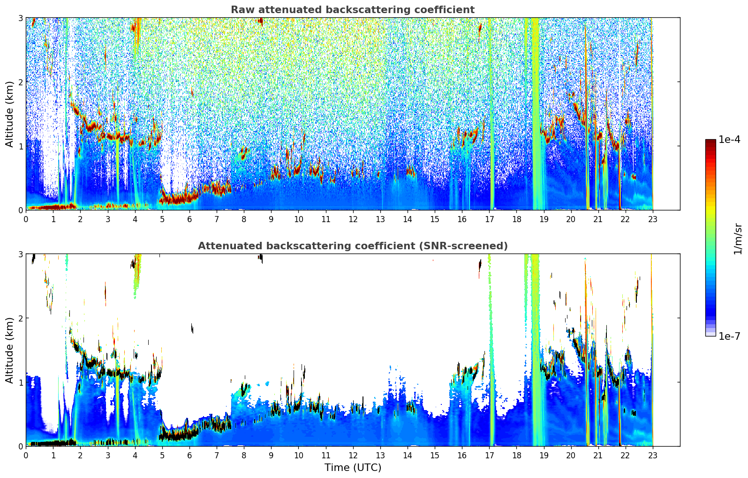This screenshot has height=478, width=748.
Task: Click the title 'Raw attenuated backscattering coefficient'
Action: [x=352, y=10]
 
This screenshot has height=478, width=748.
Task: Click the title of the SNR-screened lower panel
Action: [x=352, y=246]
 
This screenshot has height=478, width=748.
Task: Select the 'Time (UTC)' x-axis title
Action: [x=353, y=468]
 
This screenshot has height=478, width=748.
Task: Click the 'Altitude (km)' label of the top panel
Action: [x=10, y=114]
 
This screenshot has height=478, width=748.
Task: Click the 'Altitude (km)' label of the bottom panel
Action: [x=10, y=350]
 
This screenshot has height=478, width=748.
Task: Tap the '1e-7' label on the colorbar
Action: [x=729, y=336]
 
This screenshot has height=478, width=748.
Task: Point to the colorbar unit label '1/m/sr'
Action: [x=738, y=238]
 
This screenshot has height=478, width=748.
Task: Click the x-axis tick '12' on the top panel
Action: [x=353, y=219]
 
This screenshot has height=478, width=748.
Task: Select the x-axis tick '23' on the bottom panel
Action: [x=652, y=455]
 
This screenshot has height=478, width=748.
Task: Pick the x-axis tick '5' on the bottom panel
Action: [x=162, y=455]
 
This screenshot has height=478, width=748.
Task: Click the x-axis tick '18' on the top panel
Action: [x=516, y=219]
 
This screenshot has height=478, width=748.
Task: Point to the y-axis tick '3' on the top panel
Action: [x=20, y=18]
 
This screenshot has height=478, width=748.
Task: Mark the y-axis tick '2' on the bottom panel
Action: [x=20, y=318]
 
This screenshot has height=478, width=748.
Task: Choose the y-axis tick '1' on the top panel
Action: [x=20, y=146]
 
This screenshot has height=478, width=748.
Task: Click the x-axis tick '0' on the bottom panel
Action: [x=26, y=455]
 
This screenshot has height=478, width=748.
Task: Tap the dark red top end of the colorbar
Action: [x=710, y=142]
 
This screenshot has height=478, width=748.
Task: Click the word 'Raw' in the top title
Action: [x=241, y=10]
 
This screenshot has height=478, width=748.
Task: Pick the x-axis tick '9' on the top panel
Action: [x=271, y=219]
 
